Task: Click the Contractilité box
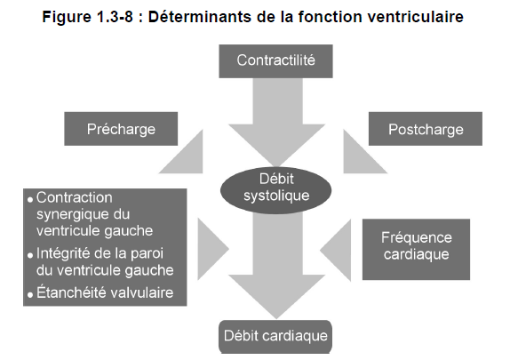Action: tap(275, 61)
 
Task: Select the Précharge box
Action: tap(121, 129)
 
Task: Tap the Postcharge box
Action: tap(426, 129)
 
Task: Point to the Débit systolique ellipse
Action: tap(275, 190)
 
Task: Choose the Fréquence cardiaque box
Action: tap(417, 249)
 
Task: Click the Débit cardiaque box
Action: tap(275, 337)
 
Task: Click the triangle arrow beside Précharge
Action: tap(188, 158)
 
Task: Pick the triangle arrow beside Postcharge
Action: tap(358, 158)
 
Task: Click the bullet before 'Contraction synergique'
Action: tap(30, 199)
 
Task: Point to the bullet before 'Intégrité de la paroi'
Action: tap(30, 255)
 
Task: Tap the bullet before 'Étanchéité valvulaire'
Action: tap(30, 295)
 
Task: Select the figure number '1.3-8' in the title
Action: tap(115, 17)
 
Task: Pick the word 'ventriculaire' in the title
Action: tap(413, 17)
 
